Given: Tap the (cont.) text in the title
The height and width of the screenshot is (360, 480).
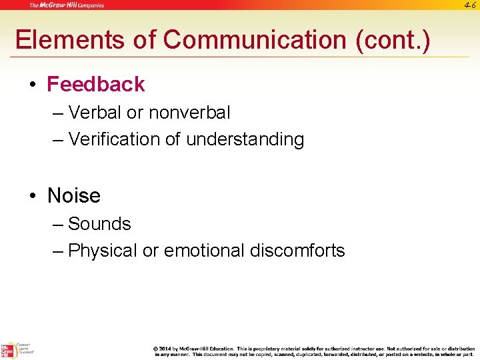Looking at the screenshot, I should click(x=393, y=40).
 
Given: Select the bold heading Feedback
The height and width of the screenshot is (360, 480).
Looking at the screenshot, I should click(x=96, y=85).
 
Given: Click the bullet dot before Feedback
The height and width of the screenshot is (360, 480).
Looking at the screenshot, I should click(x=33, y=85).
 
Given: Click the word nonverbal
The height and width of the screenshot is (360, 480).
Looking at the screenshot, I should click(x=189, y=113).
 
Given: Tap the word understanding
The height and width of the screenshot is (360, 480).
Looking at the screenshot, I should click(x=245, y=139).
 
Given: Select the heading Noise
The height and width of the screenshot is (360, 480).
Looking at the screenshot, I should click(x=74, y=196).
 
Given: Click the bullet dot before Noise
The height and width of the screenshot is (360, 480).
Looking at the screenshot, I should click(x=33, y=197).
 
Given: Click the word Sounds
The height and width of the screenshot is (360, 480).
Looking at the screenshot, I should click(x=99, y=224).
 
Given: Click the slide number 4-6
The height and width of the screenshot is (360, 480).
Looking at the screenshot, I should click(x=469, y=5).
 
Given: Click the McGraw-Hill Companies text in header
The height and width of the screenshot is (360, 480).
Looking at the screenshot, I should click(x=66, y=5).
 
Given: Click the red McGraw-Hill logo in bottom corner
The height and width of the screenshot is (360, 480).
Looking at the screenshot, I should click(x=7, y=350).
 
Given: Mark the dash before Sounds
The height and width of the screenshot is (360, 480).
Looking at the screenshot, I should click(x=57, y=224).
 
